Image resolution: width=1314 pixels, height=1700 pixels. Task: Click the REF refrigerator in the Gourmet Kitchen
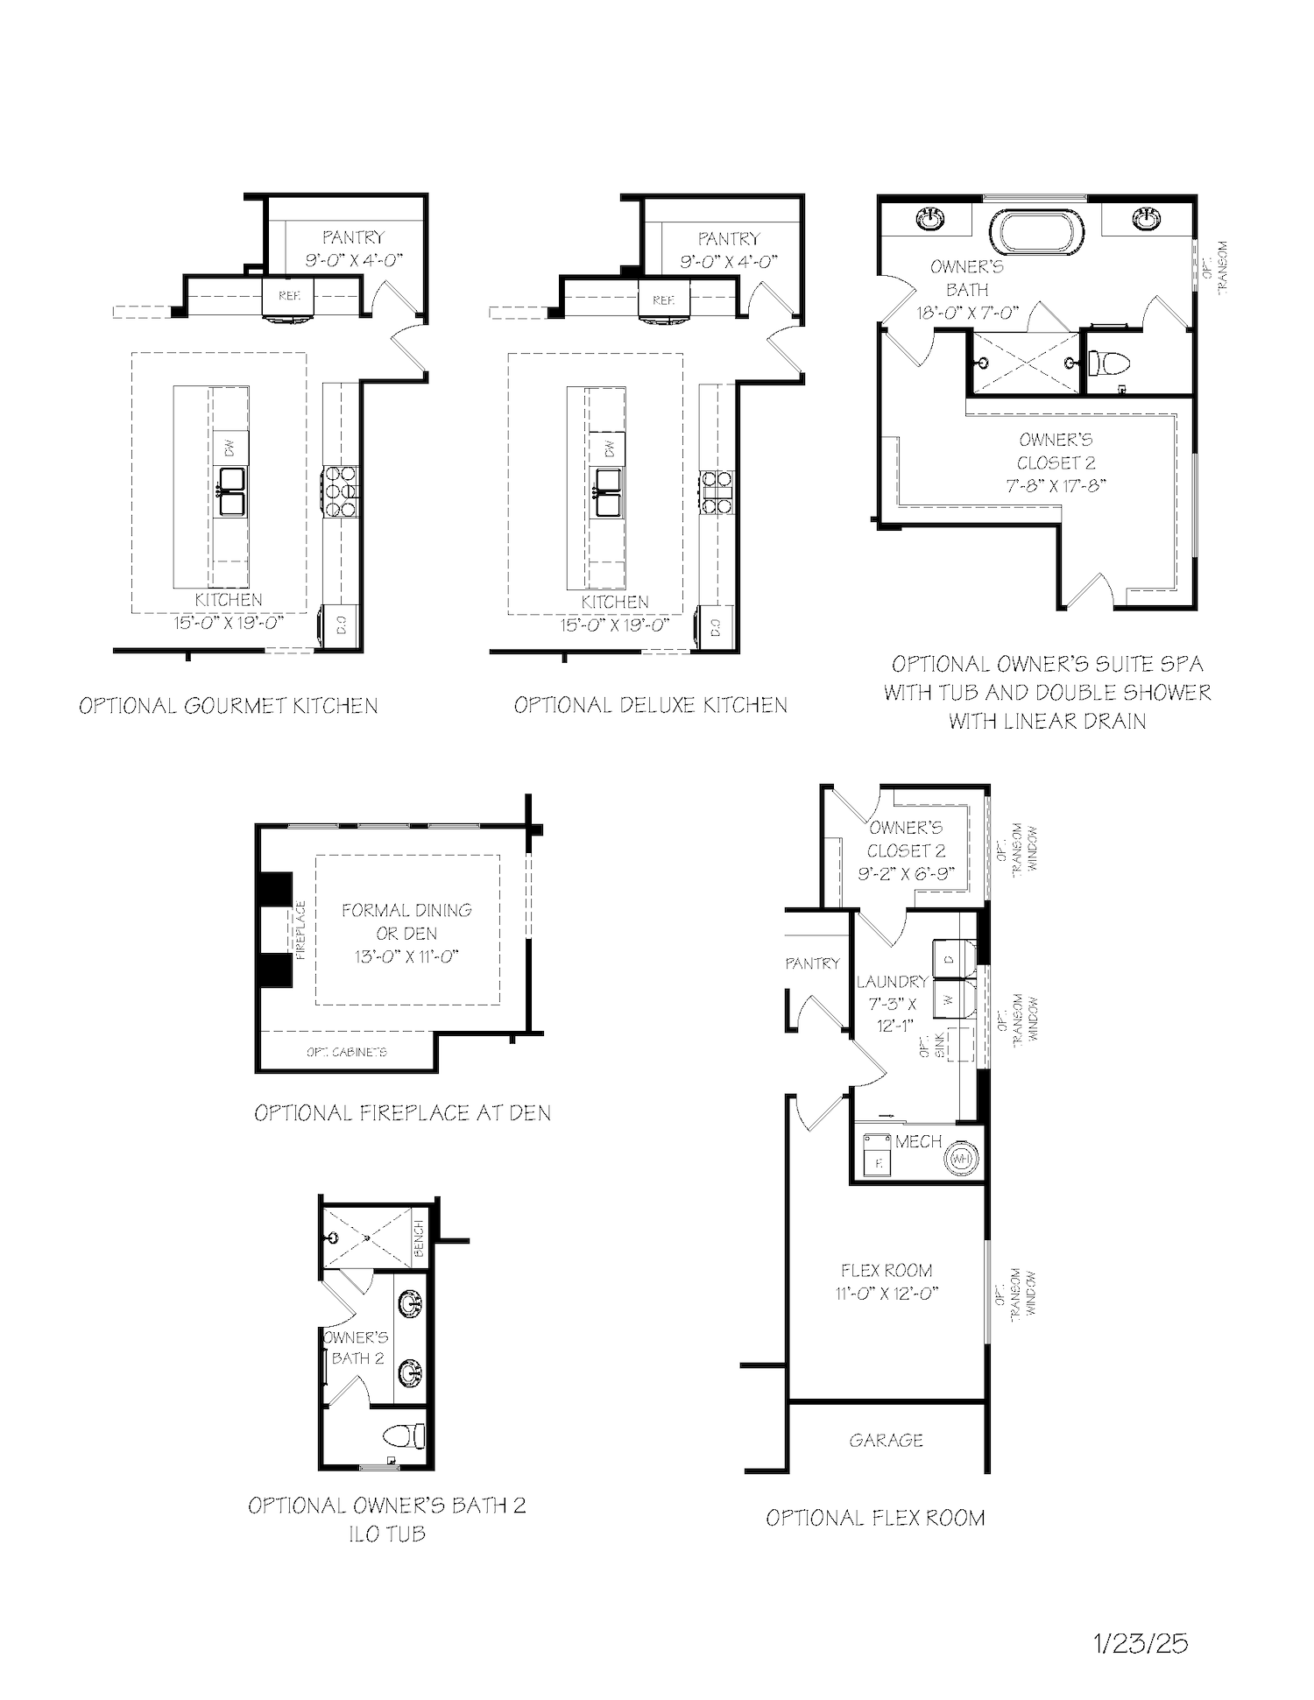tap(289, 297)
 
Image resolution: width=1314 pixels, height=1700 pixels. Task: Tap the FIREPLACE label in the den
tap(300, 930)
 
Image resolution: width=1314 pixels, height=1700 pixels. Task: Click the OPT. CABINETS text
tap(347, 1052)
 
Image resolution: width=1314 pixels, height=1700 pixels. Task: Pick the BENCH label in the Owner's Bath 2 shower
tap(419, 1238)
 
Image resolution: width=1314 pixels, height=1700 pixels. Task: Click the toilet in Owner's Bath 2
tap(406, 1436)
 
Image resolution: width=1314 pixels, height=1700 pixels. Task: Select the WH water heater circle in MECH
tap(961, 1159)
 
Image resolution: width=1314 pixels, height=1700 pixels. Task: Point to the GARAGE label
tap(886, 1441)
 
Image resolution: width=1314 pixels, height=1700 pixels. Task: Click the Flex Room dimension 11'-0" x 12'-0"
tap(887, 1294)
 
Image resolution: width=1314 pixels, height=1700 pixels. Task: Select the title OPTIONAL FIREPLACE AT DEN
tap(402, 1113)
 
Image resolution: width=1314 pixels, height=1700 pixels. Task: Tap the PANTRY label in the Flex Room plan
tap(812, 963)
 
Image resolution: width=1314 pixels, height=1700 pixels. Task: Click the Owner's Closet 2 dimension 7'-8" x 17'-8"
tap(1056, 486)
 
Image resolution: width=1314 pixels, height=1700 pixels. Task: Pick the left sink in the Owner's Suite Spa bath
tap(931, 218)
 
